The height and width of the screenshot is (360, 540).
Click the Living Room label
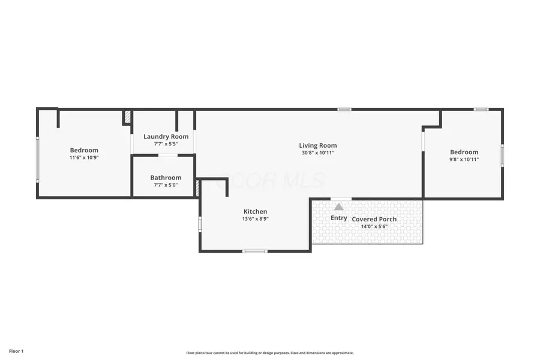[318, 145]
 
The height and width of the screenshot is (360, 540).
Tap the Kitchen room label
[255, 211]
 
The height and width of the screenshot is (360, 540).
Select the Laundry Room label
[162, 136]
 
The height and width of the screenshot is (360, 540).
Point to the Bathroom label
[166, 178]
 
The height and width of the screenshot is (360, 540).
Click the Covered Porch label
[374, 219]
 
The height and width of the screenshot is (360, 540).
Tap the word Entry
[339, 218]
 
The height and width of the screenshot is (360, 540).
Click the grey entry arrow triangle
[339, 207]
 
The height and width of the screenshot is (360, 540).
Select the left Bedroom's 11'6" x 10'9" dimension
[84, 158]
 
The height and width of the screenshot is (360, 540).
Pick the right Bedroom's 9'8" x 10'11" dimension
[464, 160]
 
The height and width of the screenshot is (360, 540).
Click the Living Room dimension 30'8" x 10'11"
[318, 153]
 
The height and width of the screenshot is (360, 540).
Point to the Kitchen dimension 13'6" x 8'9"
[255, 219]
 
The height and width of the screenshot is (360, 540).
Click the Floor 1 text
[16, 350]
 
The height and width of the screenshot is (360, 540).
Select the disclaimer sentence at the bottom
[270, 353]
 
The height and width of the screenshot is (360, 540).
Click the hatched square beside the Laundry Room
[127, 117]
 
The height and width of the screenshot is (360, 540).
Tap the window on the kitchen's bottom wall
[255, 251]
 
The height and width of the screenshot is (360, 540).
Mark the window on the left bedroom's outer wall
[37, 160]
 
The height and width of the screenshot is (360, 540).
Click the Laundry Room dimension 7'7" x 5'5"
[162, 144]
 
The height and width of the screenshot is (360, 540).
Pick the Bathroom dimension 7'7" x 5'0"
[166, 185]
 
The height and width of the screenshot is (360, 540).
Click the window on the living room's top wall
[344, 109]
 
